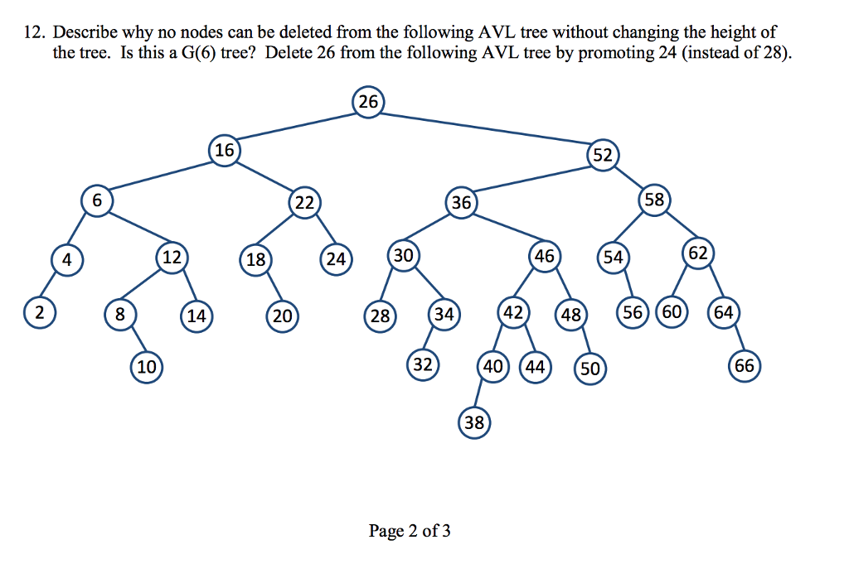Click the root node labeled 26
[368, 102]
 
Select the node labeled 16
[225, 151]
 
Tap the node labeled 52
[602, 156]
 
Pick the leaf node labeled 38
[473, 423]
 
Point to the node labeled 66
[744, 367]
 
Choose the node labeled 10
[146, 367]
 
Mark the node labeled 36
[461, 202]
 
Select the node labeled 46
[544, 257]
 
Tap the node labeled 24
[336, 259]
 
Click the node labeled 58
[654, 200]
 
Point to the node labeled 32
[424, 364]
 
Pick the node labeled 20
[283, 316]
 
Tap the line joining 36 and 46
[502, 229]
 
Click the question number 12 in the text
[32, 33]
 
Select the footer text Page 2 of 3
[410, 531]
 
